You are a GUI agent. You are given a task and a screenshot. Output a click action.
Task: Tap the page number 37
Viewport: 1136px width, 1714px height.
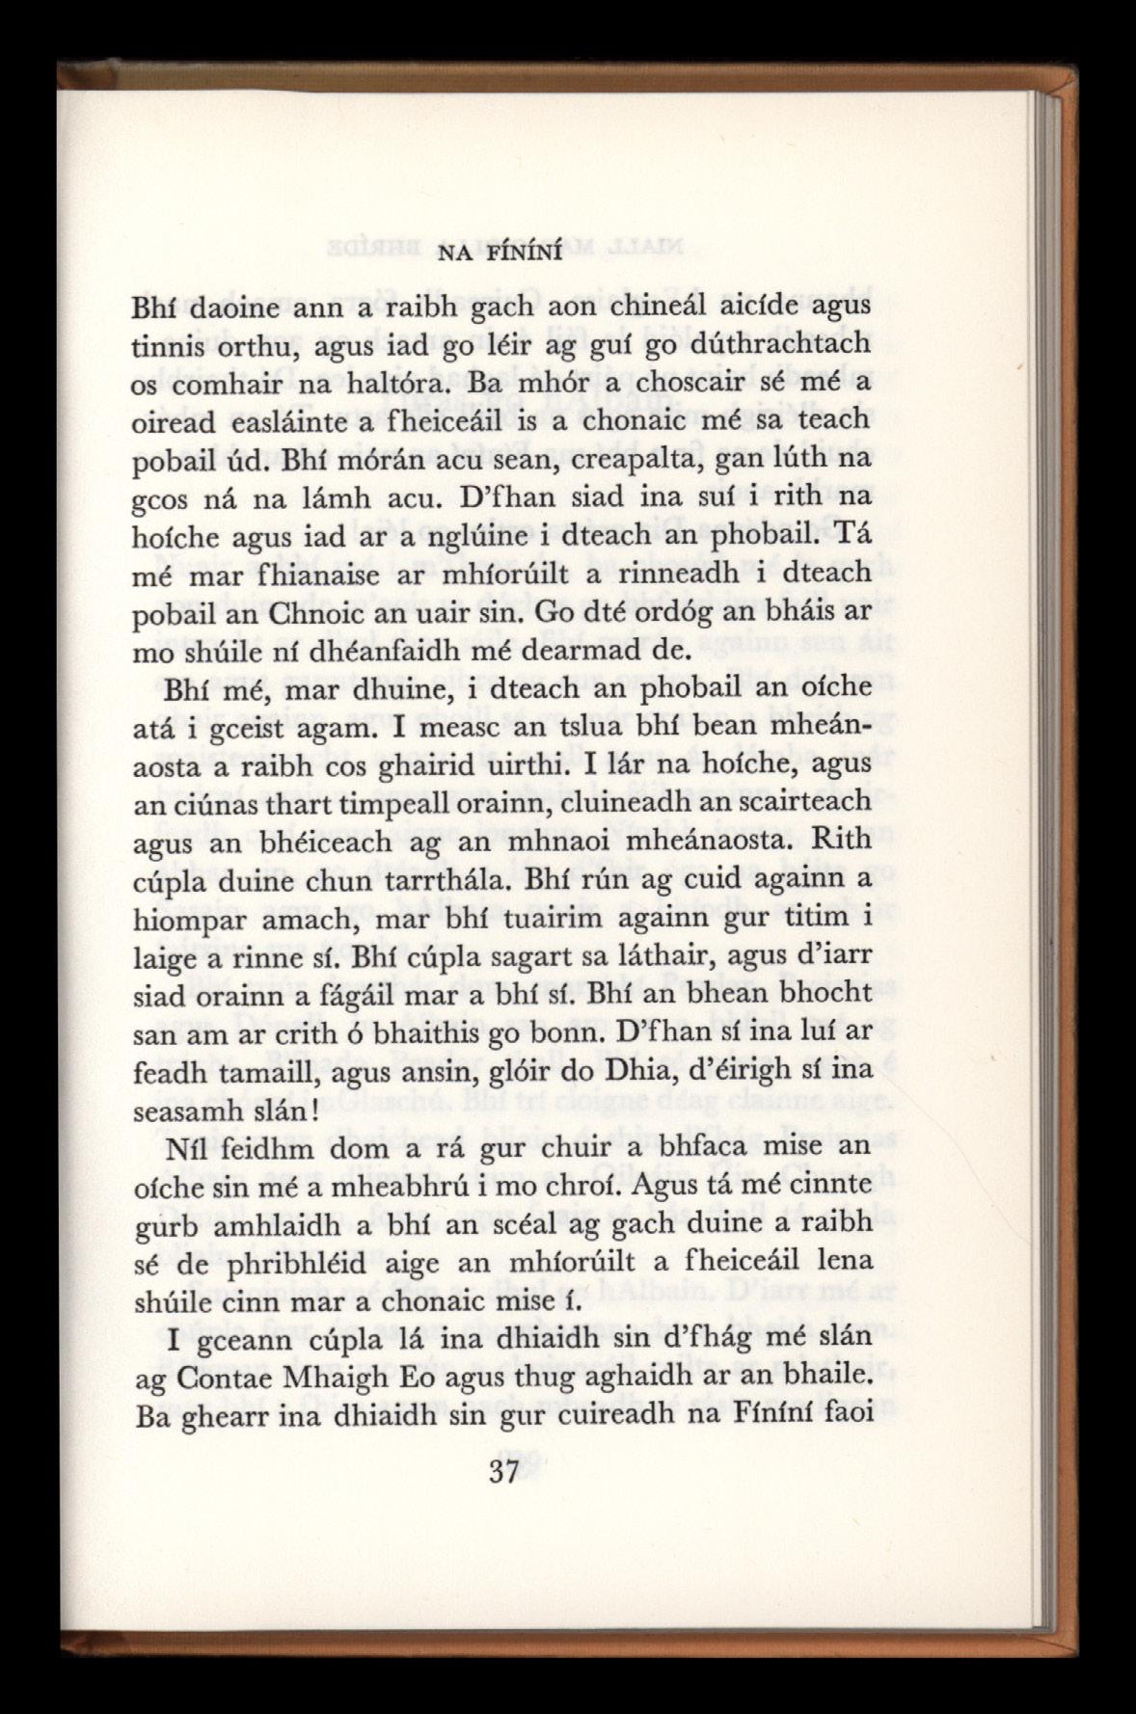tap(504, 1474)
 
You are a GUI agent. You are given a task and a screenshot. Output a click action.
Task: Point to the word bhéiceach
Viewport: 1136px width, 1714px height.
tap(289, 842)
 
